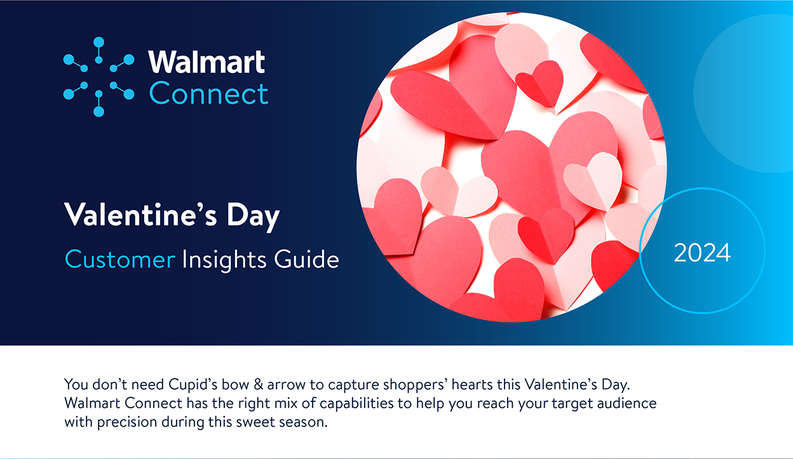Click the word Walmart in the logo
pyautogui.click(x=207, y=62)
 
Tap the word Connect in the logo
pyautogui.click(x=208, y=93)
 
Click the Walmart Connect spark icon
pyautogui.click(x=98, y=77)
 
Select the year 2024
pyautogui.click(x=702, y=253)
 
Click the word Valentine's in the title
pyautogui.click(x=140, y=215)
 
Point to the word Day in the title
pyautogui.click(x=253, y=216)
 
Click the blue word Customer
pyautogui.click(x=120, y=259)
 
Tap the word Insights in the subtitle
pyautogui.click(x=225, y=260)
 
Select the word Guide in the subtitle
pyautogui.click(x=306, y=259)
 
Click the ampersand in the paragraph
pyautogui.click(x=259, y=384)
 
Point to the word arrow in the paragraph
pyautogui.click(x=286, y=385)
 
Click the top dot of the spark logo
pyautogui.click(x=98, y=42)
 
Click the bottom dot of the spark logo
pyautogui.click(x=98, y=111)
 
